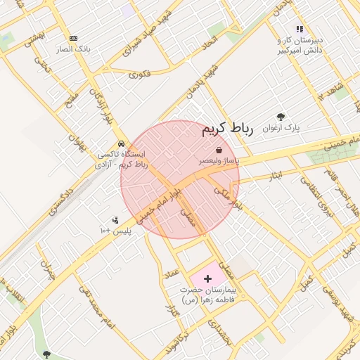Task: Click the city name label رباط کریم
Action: (226, 129)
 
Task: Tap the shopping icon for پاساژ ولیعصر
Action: (219, 150)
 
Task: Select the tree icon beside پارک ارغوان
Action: (281, 117)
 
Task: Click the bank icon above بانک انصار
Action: (73, 38)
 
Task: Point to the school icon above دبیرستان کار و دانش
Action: (300, 30)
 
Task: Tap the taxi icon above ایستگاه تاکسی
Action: (122, 143)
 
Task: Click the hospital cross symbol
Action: (207, 279)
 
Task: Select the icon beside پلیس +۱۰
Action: (115, 220)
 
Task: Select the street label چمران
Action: (46, 271)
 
